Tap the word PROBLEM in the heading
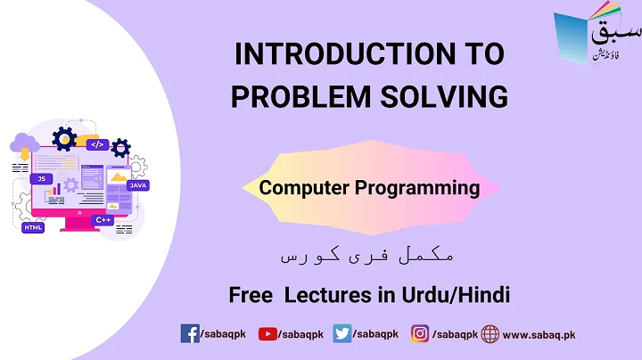(x=296, y=94)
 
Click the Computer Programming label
(x=369, y=188)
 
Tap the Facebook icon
(x=190, y=333)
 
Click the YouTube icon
(x=267, y=333)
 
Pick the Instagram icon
(x=420, y=333)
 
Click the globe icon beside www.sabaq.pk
(x=490, y=333)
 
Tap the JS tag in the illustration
(x=40, y=178)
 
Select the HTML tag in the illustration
(x=33, y=227)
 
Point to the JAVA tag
(x=137, y=185)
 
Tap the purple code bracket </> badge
(x=97, y=143)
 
